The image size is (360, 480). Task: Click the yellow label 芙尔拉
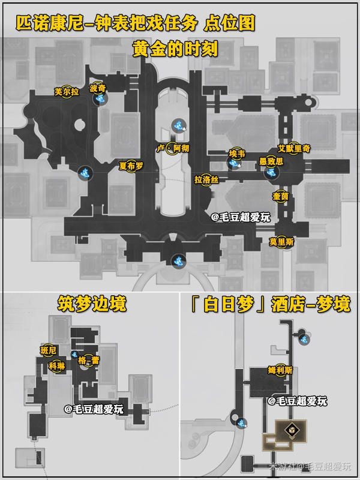coord(67,92)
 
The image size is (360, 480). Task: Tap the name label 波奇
coord(97,88)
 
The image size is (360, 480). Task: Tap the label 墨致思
coord(271,161)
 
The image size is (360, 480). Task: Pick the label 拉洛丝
coord(206,179)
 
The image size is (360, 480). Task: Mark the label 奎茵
coord(281,196)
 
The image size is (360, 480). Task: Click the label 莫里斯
coord(281,241)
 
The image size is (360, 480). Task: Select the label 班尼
coord(47,350)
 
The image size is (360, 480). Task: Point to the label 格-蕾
coord(88,360)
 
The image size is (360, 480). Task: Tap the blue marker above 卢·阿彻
coord(178,125)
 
